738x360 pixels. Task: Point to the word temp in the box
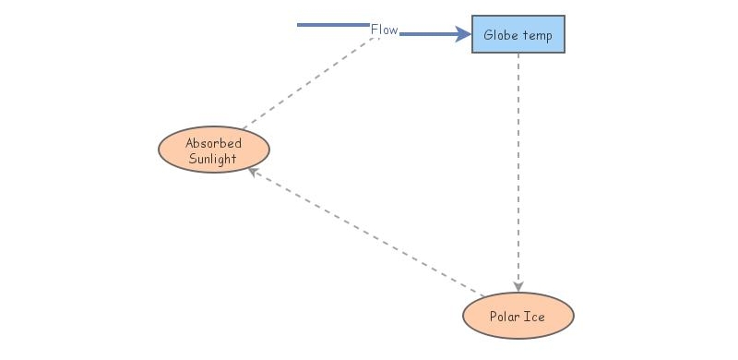pos(537,36)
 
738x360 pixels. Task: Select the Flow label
pos(384,30)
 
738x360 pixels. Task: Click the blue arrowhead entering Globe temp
pos(463,35)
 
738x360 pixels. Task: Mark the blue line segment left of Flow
pos(332,25)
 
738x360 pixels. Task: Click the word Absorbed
pos(213,143)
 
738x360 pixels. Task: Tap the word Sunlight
pos(213,158)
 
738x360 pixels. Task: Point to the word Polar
pos(503,318)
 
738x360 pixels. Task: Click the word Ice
pos(534,318)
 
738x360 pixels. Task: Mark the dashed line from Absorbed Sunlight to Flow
pos(309,86)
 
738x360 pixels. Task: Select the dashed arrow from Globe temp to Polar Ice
pos(518,166)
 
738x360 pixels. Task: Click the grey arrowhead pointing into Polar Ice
pos(518,286)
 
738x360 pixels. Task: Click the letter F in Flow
pos(375,30)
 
